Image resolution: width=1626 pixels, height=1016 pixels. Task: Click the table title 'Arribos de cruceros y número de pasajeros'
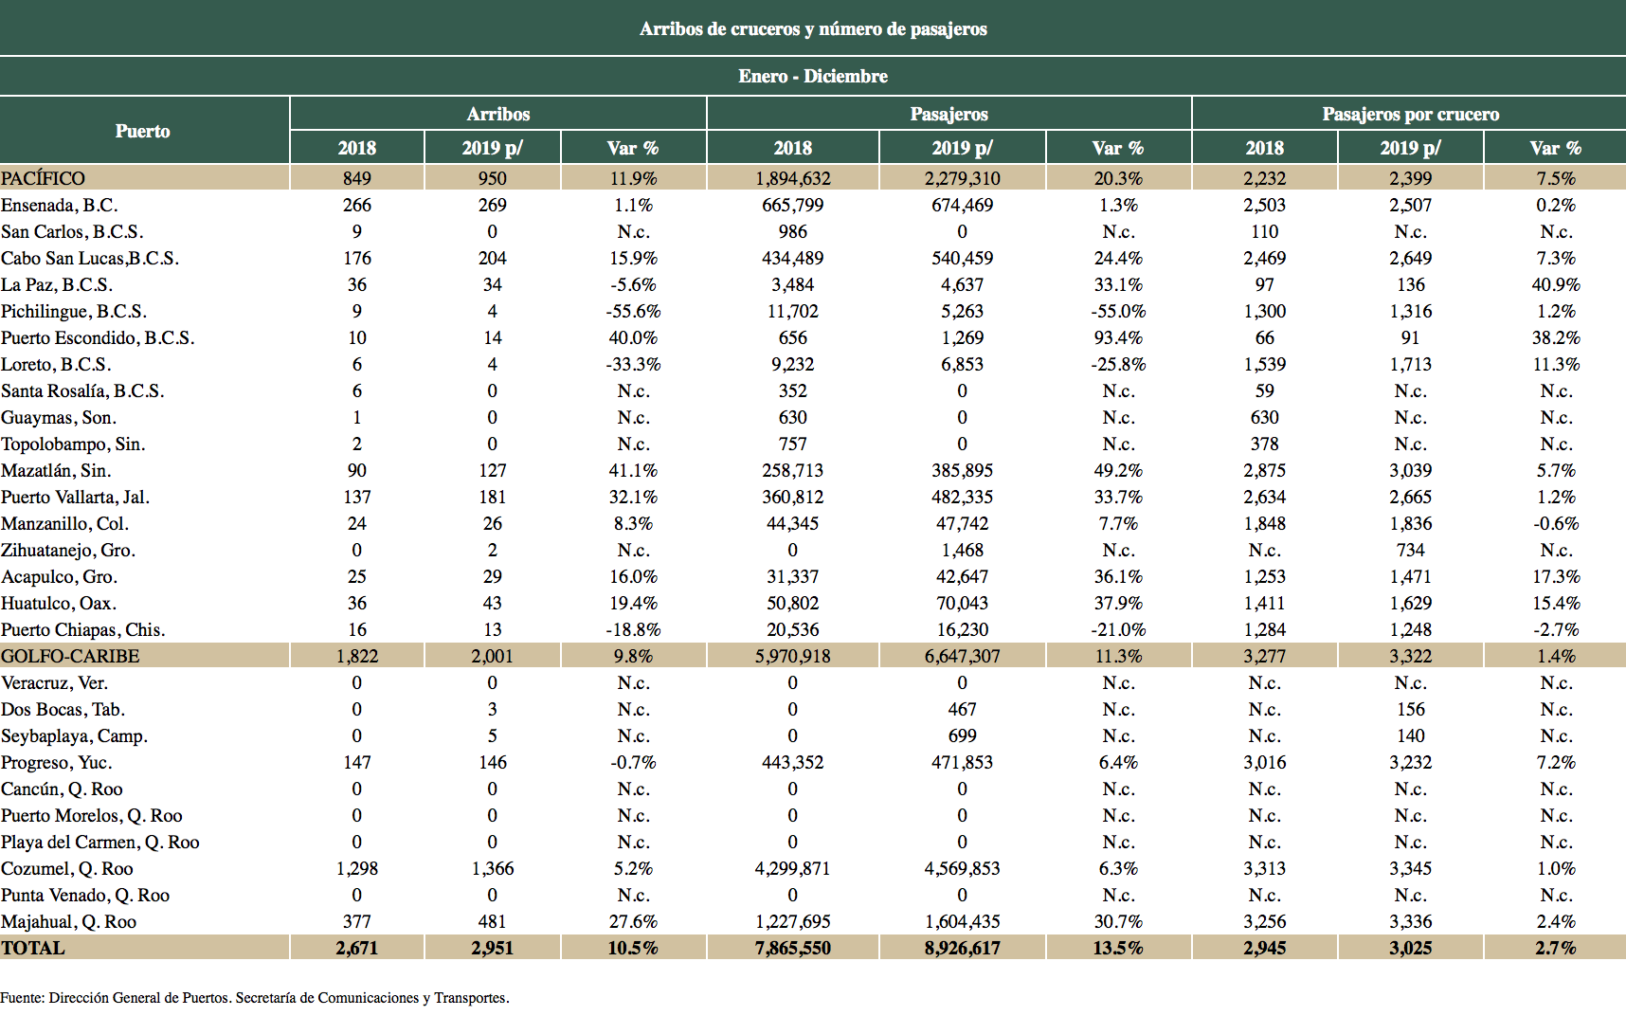(813, 28)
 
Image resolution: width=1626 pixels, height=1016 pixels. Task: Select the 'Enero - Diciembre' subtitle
(813, 76)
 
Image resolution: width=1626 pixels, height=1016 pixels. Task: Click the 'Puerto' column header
(143, 131)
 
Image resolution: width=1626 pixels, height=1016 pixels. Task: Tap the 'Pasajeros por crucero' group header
(1410, 114)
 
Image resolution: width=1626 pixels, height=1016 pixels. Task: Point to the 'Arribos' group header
(498, 114)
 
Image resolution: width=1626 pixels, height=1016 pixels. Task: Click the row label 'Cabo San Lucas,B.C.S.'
(90, 258)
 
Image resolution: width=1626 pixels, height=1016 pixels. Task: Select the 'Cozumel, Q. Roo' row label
(67, 868)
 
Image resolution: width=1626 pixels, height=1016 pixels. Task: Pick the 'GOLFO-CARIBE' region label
(70, 656)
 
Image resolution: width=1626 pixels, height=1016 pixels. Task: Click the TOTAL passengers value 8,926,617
(962, 948)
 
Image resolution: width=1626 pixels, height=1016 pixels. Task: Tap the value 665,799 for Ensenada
(792, 205)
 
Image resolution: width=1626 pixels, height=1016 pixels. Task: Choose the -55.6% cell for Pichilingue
(633, 311)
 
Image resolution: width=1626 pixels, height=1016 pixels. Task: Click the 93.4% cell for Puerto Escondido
(1118, 337)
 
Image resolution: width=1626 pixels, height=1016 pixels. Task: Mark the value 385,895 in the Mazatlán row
(962, 470)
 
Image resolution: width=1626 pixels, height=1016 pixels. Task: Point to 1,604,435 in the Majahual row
(962, 921)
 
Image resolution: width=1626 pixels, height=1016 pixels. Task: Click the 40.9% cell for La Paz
(1556, 284)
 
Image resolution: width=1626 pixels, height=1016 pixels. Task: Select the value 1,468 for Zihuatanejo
(962, 550)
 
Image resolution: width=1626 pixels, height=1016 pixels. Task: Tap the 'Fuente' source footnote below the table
(255, 997)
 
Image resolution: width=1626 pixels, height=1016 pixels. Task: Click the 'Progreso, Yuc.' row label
(57, 762)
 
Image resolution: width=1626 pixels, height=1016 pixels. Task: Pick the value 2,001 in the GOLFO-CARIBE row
(492, 656)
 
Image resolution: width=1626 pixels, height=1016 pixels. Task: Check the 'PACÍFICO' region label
(44, 178)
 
